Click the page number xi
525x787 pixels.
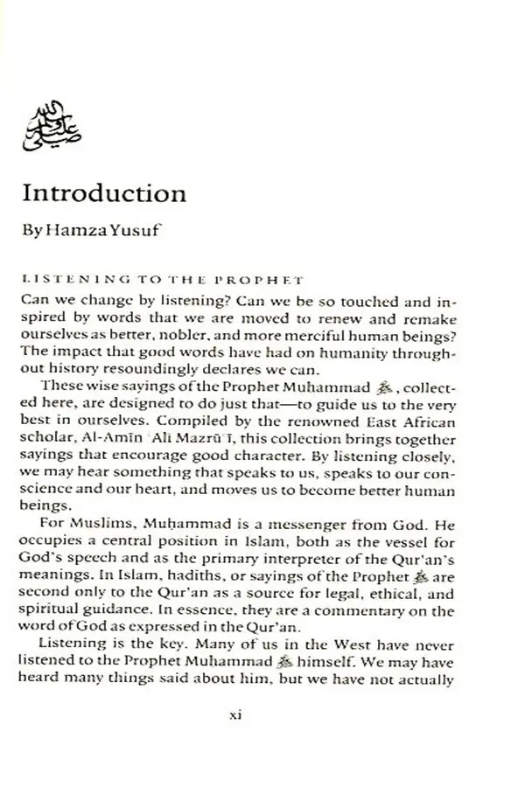coord(234,714)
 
